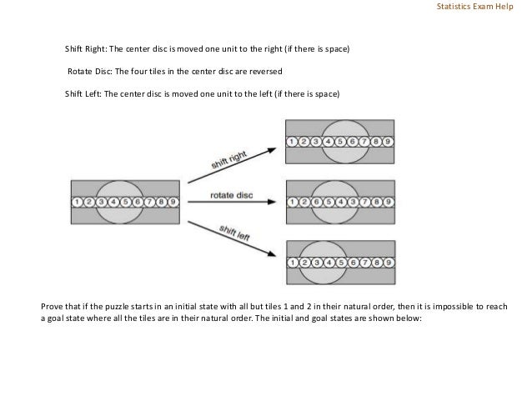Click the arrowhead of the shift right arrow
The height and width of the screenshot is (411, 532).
coord(273,150)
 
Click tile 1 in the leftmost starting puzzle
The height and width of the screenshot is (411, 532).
coord(77,202)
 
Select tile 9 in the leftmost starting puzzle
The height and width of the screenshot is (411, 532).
coord(173,202)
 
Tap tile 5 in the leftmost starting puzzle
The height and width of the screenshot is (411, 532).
coord(125,202)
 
